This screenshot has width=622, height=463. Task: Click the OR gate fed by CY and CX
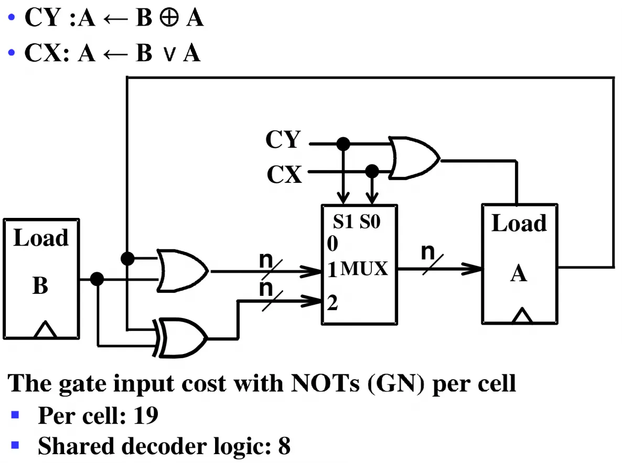414,158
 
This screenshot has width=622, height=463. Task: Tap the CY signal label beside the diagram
283,139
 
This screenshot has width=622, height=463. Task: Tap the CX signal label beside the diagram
284,174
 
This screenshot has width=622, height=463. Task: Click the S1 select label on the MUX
343,222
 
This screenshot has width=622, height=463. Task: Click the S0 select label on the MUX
370,222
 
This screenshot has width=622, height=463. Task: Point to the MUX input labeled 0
333,243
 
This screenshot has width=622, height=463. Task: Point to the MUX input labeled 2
333,303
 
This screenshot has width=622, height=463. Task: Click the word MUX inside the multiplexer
364,269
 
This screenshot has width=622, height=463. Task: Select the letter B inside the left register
40,285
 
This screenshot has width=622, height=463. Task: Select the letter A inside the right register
519,273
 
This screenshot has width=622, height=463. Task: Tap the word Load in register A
519,223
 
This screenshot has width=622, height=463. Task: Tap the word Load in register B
41,238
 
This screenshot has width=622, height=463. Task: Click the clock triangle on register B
45,329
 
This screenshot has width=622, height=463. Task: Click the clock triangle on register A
522,316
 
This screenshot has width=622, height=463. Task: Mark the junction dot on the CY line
343,144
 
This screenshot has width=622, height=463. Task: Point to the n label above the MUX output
428,251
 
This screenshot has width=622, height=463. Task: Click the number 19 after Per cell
146,415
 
